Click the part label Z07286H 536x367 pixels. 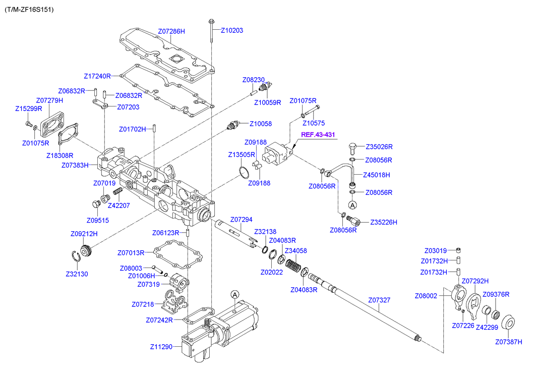tap(171, 31)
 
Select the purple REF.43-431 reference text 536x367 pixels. tap(319, 135)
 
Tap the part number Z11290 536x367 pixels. tap(161, 347)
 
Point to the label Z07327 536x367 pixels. tap(379, 300)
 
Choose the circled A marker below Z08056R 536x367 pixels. tap(353, 205)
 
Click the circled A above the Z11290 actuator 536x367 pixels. tap(234, 294)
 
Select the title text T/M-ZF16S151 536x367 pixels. tap(29, 10)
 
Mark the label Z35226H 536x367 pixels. tap(384, 222)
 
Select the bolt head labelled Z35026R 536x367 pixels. tap(353, 148)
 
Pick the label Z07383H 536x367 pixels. tap(75, 165)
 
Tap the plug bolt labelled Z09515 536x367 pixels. tap(94, 205)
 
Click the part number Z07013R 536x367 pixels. tap(131, 252)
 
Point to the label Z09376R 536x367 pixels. tap(496, 295)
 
